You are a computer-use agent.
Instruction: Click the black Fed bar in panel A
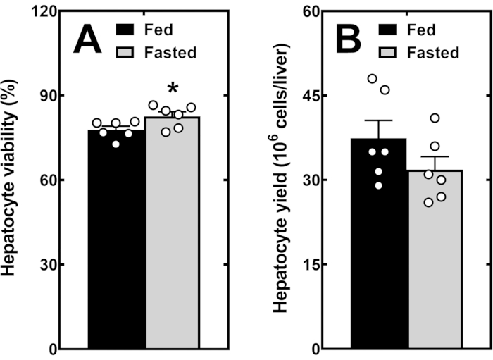(x=116, y=240)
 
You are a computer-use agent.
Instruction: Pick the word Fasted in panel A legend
(x=172, y=51)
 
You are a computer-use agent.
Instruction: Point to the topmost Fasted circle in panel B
(x=435, y=118)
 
